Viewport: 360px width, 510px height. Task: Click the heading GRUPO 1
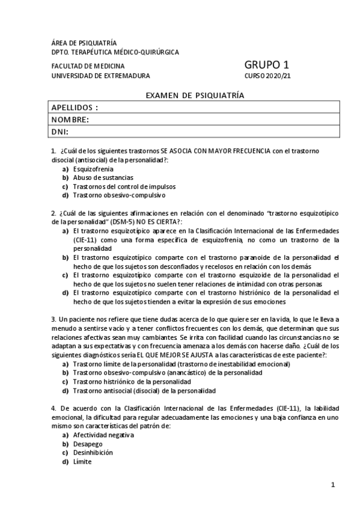pos(267,65)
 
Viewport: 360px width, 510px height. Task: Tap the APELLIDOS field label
pos(75,108)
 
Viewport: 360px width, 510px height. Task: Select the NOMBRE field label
pos(70,120)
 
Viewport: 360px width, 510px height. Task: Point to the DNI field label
pos(59,132)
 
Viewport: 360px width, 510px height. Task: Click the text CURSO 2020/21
pos(267,76)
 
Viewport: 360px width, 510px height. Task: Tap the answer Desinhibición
pos(93,452)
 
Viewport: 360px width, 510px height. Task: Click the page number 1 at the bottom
pos(332,484)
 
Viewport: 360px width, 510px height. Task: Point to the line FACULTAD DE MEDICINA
pos(88,66)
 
